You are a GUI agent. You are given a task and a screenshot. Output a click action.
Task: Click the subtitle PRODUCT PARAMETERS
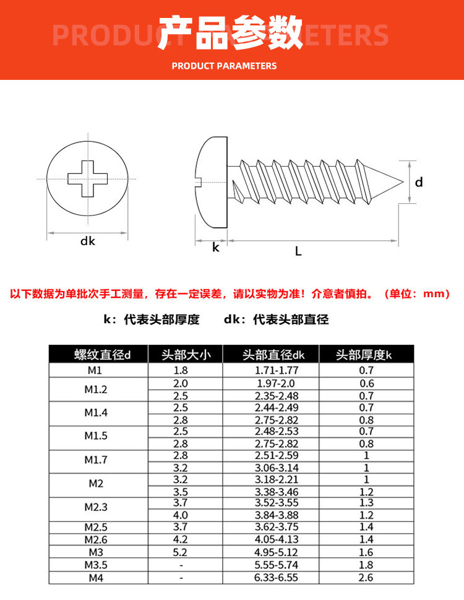point(224,66)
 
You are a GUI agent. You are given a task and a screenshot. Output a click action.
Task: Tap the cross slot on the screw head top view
point(87,178)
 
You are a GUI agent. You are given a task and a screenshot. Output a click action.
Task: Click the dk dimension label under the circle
point(88,241)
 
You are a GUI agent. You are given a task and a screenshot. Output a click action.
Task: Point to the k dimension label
point(216,248)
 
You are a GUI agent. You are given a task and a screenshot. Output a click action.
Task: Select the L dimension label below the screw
point(298,251)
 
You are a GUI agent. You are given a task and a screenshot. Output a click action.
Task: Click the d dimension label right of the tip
point(419,182)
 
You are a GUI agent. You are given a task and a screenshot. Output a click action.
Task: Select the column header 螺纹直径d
point(98,355)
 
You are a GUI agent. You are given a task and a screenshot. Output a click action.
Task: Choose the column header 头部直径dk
point(273,355)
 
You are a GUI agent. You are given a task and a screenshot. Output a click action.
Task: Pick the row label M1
point(95,371)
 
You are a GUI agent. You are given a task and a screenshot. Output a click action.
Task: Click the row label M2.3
point(95,507)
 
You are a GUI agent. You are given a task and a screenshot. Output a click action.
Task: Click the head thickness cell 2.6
point(366,577)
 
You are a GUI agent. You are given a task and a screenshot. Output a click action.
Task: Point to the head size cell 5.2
point(181,552)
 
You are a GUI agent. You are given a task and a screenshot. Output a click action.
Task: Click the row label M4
point(95,577)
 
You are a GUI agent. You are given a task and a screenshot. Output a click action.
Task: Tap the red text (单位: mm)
point(418,294)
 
